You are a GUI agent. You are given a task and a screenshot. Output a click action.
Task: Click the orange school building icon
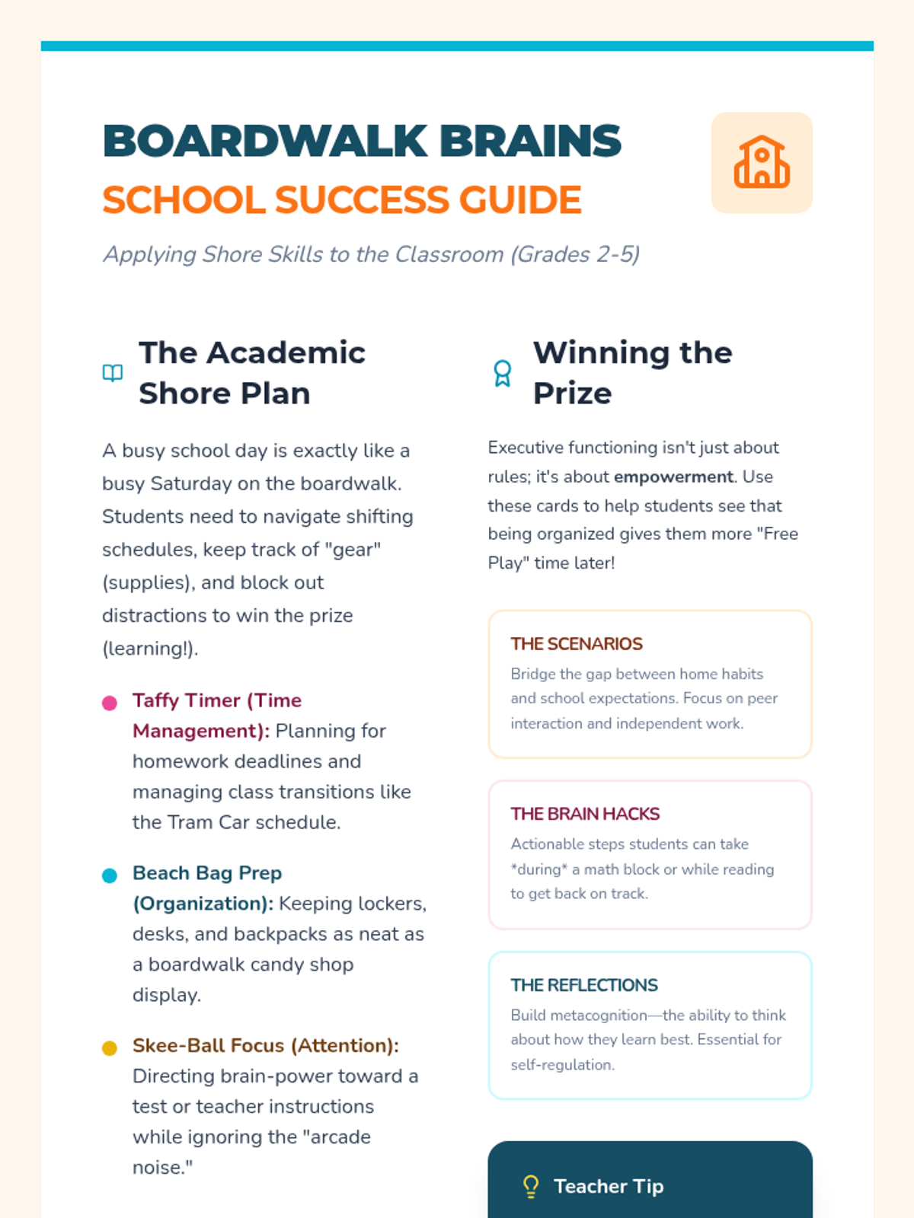pos(762,162)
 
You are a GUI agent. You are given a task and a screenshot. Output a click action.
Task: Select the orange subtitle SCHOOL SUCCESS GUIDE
pos(342,200)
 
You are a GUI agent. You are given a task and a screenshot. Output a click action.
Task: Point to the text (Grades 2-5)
pos(575,254)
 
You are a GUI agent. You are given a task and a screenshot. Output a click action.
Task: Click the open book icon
pos(113,373)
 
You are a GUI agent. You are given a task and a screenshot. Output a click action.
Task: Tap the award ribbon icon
pos(503,373)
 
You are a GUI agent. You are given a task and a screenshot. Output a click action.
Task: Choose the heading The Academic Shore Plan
pos(251,373)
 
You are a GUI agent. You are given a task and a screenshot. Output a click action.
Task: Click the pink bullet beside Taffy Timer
pos(110,703)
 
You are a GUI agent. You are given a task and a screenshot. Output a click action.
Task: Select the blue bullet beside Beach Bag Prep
pos(110,875)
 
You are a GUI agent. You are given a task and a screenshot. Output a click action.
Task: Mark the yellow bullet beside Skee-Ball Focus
pos(110,1048)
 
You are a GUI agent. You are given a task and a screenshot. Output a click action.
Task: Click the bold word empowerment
pos(673,477)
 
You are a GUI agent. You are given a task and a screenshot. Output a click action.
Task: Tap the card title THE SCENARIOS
pos(577,644)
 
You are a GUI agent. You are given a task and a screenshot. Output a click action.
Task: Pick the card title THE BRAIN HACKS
pos(585,814)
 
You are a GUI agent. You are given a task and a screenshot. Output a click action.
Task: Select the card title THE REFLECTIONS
pos(584,985)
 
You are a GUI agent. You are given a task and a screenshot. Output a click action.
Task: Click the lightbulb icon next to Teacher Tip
pos(531,1186)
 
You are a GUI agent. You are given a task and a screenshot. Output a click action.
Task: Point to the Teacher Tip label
pos(609,1186)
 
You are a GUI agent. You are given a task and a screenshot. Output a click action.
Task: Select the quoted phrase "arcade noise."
pos(251,1152)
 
